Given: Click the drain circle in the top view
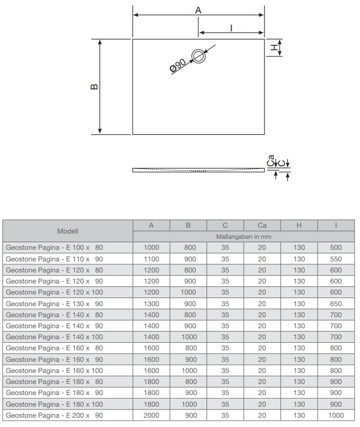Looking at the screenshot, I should (199, 56).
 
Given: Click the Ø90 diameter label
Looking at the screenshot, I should (178, 66).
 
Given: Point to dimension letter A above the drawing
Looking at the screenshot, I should (198, 10).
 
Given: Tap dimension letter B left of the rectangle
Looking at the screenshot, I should (94, 87).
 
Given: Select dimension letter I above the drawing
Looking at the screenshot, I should (231, 27).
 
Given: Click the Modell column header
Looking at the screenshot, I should (67, 231).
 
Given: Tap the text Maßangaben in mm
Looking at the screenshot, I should (243, 236).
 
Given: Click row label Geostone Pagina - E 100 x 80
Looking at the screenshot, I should (58, 247).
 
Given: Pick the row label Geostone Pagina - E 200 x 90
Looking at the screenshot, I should (58, 415).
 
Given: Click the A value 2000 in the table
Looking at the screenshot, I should (151, 415).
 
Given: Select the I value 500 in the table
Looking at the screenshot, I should (336, 247).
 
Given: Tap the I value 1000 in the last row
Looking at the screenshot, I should (336, 415).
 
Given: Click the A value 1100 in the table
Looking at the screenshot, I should (151, 259).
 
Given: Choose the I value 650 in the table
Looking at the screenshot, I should (336, 303).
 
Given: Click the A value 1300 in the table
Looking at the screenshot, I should (151, 303).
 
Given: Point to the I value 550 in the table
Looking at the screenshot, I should (336, 259).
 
